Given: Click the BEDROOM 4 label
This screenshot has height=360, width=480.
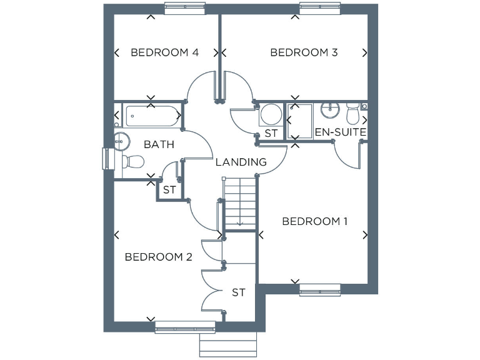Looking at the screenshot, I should (x=164, y=52).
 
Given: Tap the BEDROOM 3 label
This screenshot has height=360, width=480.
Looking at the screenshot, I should (x=304, y=52).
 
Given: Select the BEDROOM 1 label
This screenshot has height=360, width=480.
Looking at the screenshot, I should (x=315, y=221).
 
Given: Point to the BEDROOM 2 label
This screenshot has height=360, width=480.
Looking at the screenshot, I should (x=158, y=257).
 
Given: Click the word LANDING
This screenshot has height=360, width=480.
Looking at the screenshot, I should (x=241, y=162).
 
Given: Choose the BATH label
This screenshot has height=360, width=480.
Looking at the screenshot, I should (x=159, y=145).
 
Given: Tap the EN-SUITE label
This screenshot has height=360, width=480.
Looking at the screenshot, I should (x=340, y=132).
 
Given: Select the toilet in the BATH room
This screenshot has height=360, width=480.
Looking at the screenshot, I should (x=132, y=162).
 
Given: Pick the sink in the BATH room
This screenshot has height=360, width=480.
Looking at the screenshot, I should (x=122, y=139).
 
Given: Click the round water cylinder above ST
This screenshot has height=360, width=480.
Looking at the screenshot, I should (x=271, y=115).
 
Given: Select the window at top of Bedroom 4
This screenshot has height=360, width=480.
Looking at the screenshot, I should (x=186, y=7).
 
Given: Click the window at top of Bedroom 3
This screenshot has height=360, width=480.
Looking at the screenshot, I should (x=321, y=7).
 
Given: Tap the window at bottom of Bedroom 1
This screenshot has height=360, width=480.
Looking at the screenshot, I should (x=320, y=289).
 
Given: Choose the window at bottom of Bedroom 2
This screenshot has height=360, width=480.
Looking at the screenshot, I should (x=185, y=326).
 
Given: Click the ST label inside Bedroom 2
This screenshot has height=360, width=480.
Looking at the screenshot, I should (x=238, y=292).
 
